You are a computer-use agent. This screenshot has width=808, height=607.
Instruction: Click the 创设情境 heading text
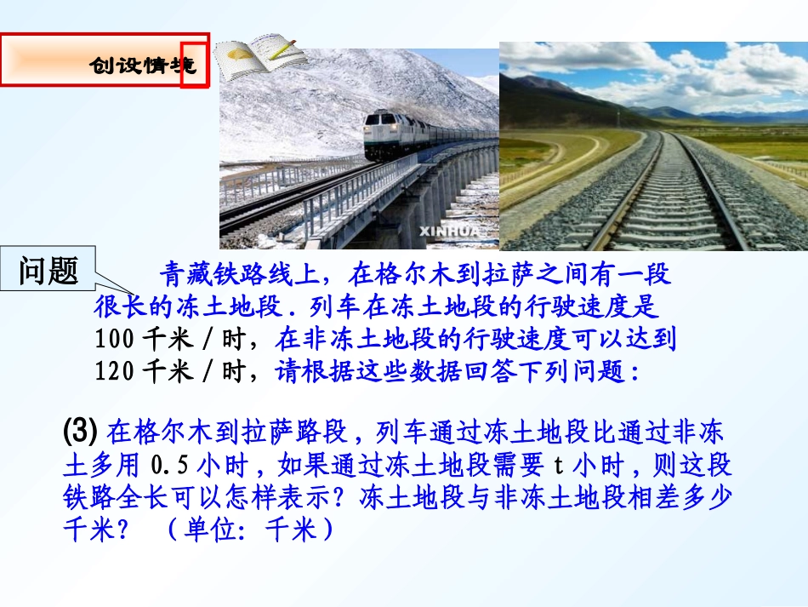(x=143, y=66)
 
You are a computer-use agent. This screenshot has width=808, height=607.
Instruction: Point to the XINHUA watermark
(x=447, y=231)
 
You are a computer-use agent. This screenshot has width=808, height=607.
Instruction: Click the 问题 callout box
(x=48, y=272)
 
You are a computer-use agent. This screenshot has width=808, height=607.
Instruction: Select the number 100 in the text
(x=114, y=340)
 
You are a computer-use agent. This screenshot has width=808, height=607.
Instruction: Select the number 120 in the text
(x=114, y=372)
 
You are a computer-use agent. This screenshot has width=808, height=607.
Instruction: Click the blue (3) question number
(x=82, y=432)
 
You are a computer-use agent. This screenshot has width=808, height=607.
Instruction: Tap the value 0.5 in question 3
(x=169, y=465)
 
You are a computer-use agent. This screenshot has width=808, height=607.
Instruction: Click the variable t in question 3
(x=558, y=465)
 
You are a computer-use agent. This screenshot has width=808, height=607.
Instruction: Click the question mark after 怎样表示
(x=346, y=497)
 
